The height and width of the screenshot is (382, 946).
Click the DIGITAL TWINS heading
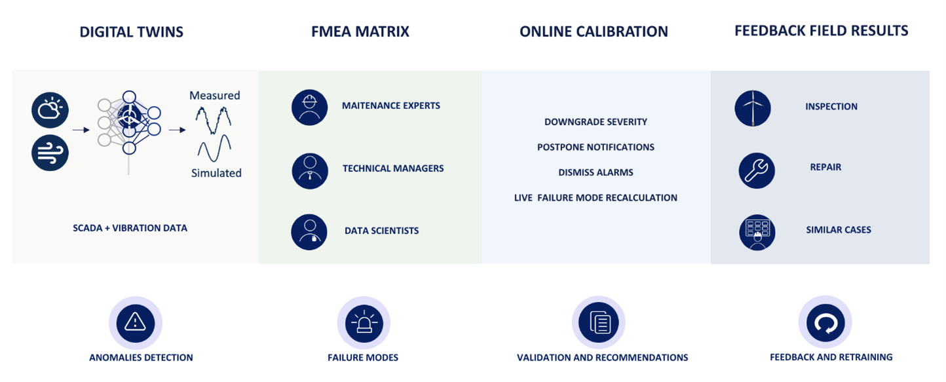coord(131,31)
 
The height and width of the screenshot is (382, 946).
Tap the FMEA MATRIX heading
coord(360,31)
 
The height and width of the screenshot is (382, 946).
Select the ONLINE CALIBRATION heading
coord(594,31)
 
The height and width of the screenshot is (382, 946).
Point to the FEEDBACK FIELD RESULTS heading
coord(822,30)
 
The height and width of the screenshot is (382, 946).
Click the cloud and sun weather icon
coord(50,110)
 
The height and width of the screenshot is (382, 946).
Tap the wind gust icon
coord(50,153)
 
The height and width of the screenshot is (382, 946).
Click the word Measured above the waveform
coord(214,96)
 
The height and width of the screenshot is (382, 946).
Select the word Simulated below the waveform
coord(216,173)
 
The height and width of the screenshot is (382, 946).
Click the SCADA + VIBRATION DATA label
coord(130,228)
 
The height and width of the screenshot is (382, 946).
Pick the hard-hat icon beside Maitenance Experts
coord(310,107)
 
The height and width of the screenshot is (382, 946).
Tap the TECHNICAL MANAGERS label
coord(393,168)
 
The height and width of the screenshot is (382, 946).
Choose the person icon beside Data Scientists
coord(309,232)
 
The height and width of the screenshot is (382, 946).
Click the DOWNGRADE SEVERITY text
coord(596,122)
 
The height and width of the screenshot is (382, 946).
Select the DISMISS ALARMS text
coord(596,172)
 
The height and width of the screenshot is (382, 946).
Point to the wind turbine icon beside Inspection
coord(753,108)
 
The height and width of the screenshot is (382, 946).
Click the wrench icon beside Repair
coord(757,171)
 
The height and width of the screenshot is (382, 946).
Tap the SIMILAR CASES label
coord(839,230)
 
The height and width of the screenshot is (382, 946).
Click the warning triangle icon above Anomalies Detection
coord(136,323)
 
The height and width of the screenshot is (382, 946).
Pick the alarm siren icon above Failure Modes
coord(364,324)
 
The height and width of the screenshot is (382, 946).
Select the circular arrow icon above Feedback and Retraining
coord(825,323)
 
